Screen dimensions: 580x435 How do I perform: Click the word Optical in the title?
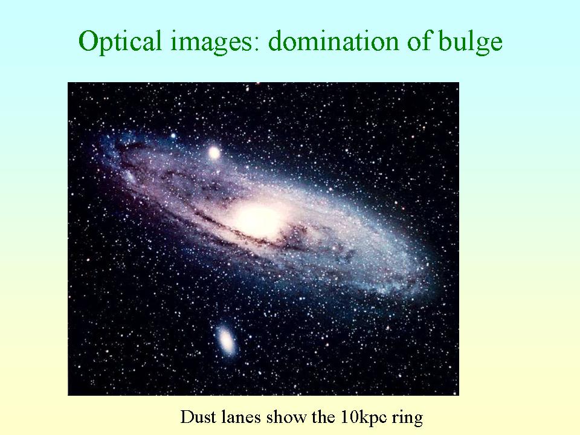pos(120,42)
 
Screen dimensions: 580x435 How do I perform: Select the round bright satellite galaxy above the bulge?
pos(214,152)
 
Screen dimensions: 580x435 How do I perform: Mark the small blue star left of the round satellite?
pos(173,136)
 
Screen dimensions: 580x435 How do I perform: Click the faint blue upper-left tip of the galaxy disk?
pos(108,143)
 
